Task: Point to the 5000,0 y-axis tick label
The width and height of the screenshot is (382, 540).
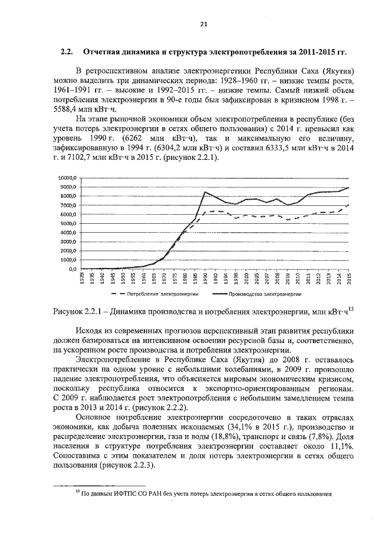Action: point(67,223)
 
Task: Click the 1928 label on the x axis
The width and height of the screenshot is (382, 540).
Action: point(81,279)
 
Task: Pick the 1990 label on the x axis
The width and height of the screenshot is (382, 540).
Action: point(205,279)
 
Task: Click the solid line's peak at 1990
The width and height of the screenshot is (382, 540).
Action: point(205,192)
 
